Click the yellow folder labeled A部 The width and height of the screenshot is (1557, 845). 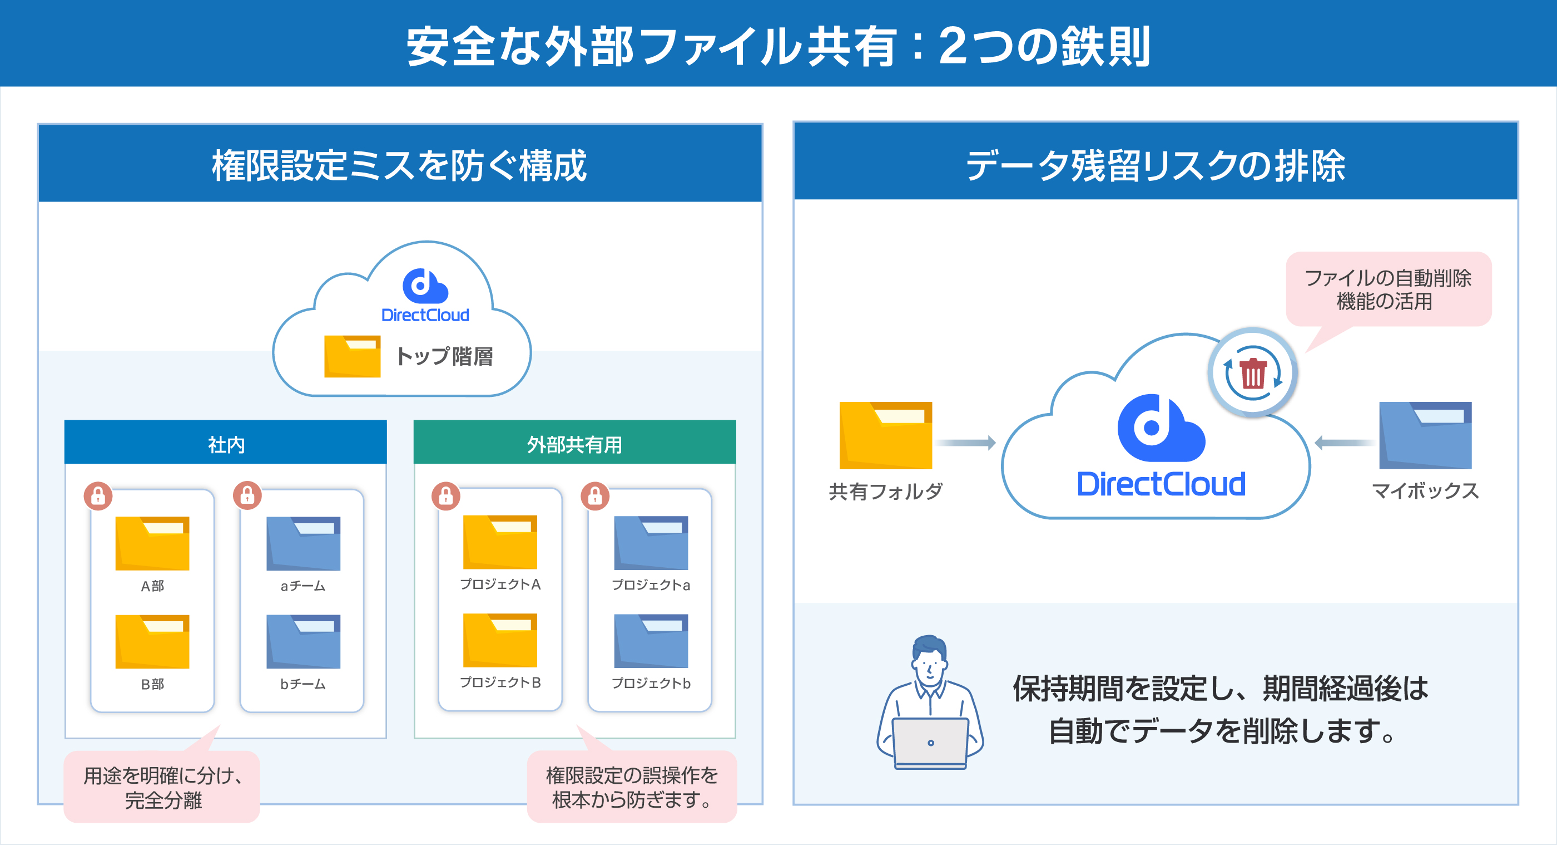[x=152, y=543]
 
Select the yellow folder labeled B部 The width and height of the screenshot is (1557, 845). [x=152, y=641]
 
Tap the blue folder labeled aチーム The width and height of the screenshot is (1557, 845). [x=304, y=543]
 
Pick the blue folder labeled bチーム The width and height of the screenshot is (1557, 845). [x=304, y=641]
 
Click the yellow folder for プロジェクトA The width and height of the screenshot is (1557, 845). [x=500, y=542]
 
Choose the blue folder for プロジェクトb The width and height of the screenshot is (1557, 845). [x=651, y=641]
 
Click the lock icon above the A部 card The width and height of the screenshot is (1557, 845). [x=98, y=496]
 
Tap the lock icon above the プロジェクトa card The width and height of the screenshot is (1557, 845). [x=596, y=496]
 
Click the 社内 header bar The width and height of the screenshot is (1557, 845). [x=225, y=443]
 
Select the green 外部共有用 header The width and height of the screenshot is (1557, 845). [x=574, y=443]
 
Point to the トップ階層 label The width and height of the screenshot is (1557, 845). [x=444, y=356]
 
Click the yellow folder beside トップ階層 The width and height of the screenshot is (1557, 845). [x=353, y=356]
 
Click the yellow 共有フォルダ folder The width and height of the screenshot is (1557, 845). [x=885, y=435]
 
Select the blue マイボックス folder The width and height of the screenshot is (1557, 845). [x=1425, y=435]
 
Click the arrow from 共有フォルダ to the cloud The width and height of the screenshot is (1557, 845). [x=966, y=443]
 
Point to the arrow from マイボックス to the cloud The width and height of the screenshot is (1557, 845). [x=1344, y=443]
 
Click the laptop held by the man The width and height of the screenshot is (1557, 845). [x=930, y=743]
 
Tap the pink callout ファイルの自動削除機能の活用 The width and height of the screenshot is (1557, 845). [x=1389, y=289]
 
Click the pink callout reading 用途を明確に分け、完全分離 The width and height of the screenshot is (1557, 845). [x=162, y=787]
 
